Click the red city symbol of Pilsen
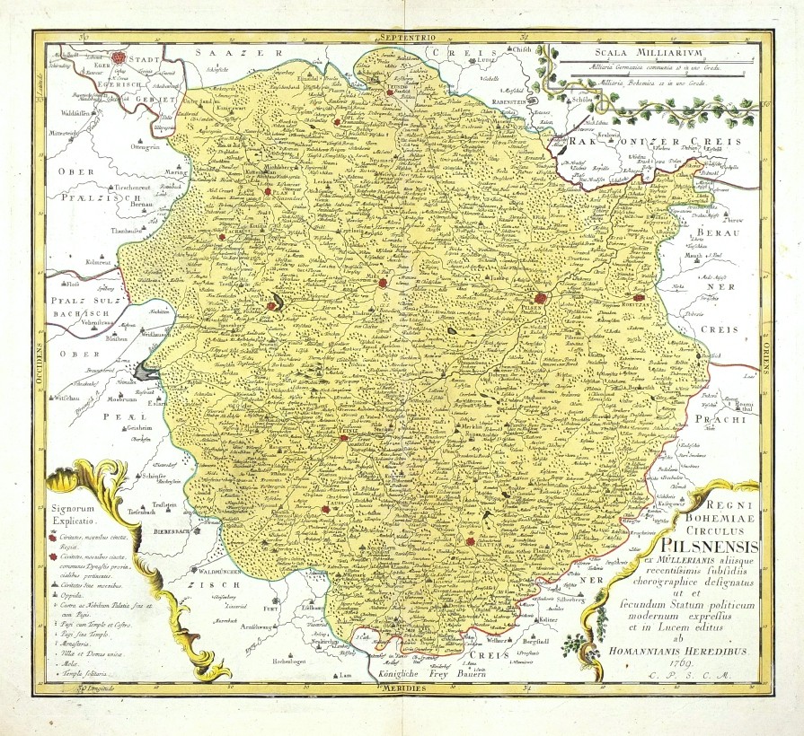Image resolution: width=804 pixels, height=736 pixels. [541, 297]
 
